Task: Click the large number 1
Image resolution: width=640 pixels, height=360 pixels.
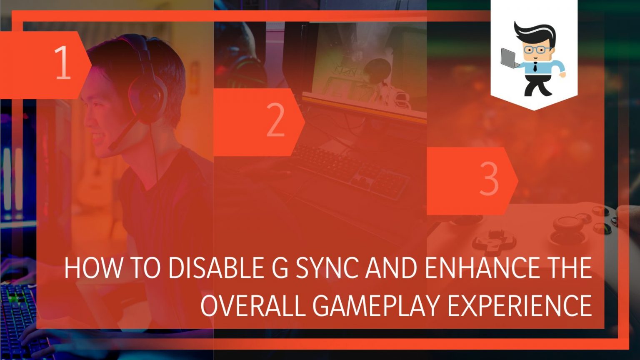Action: [62, 62]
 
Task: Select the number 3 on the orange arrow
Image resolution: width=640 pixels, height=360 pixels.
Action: [489, 179]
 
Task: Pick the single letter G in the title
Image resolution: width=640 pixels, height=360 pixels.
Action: [276, 268]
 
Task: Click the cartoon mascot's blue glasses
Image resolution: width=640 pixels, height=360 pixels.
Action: [537, 50]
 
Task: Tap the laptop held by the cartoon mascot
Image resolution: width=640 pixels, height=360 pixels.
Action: [509, 58]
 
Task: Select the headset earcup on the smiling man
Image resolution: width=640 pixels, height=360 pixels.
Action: [145, 98]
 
